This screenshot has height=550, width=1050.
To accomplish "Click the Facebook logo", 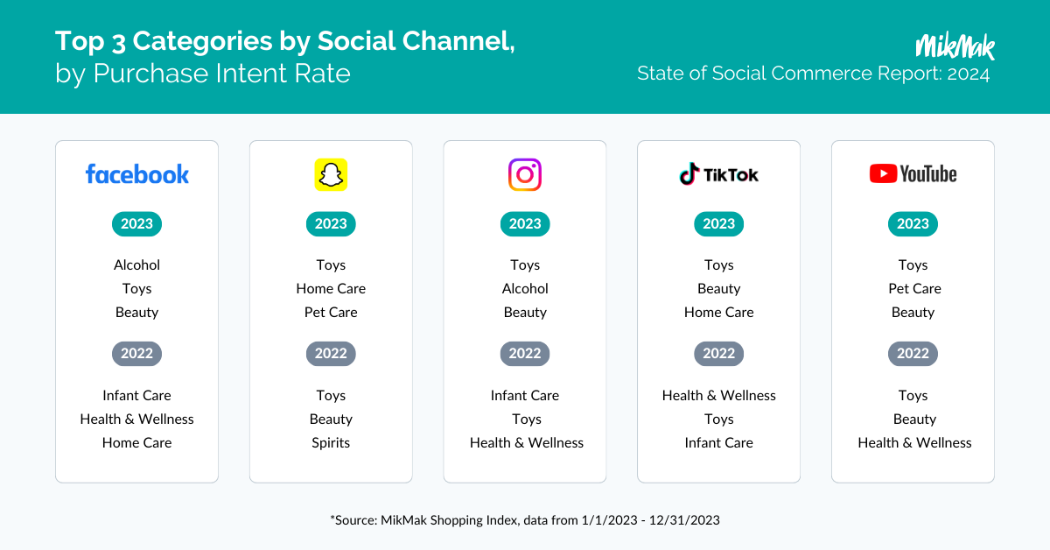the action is click(x=136, y=174).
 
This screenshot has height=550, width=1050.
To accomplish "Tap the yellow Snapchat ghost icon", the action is click(x=331, y=174).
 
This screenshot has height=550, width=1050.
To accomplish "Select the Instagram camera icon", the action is click(x=525, y=174).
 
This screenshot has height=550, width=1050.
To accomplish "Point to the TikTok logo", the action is click(x=718, y=174).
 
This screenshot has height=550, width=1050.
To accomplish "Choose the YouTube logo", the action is click(x=913, y=173).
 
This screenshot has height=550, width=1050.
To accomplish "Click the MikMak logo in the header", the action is click(x=955, y=46).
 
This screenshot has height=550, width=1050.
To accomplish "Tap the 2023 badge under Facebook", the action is click(x=136, y=224).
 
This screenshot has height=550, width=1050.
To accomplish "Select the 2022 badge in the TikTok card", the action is click(x=718, y=353).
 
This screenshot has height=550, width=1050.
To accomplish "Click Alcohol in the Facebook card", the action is click(x=136, y=265).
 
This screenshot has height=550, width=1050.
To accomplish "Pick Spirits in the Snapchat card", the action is click(x=331, y=443).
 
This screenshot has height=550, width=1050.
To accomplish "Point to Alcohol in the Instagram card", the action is click(x=525, y=289).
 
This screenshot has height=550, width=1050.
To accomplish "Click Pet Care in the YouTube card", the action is click(x=914, y=289).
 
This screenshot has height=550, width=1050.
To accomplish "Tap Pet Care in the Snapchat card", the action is click(x=331, y=312).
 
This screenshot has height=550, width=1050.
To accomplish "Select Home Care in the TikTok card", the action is click(x=718, y=312).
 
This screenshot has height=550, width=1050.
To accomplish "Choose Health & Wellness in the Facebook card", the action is click(x=136, y=420).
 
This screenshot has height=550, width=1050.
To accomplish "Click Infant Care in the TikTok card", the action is click(x=718, y=442).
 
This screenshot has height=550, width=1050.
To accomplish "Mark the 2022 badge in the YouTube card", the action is click(x=913, y=353).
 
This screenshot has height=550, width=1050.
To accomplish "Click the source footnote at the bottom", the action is click(x=525, y=520).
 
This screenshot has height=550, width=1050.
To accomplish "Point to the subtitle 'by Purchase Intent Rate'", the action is click(x=203, y=74).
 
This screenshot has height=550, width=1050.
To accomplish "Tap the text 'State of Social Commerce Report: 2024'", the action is click(x=813, y=74).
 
